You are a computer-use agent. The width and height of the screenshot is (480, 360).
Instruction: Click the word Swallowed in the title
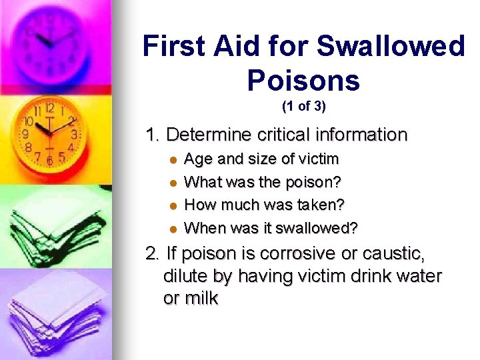click(x=390, y=47)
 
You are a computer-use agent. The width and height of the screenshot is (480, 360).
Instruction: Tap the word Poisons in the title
click(x=303, y=81)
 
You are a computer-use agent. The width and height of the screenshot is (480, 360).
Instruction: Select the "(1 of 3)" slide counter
click(x=304, y=106)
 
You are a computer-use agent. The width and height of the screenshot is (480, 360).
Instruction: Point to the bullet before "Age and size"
click(x=173, y=160)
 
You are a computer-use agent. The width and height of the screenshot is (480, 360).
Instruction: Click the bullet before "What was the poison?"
click(x=173, y=183)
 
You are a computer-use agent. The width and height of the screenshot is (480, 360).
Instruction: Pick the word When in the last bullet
click(x=203, y=229)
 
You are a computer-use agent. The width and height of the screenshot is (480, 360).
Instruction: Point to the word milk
click(x=201, y=298)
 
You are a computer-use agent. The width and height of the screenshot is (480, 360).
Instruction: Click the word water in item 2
click(x=418, y=276)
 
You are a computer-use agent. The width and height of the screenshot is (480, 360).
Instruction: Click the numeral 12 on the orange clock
click(x=49, y=107)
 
